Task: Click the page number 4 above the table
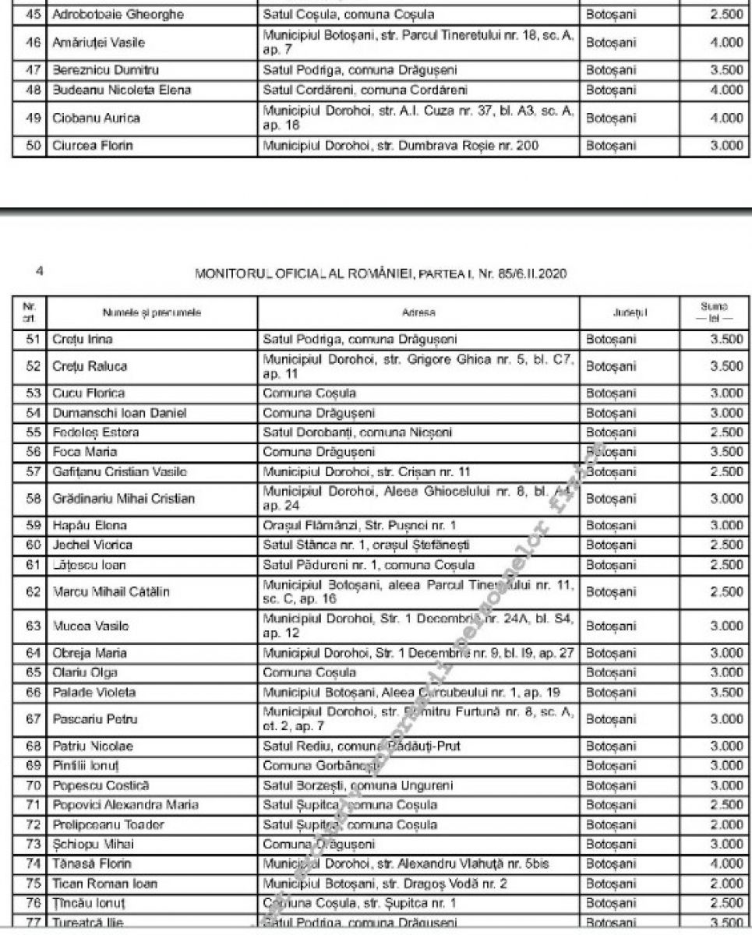38,271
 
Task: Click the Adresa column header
418,313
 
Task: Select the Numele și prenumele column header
151,313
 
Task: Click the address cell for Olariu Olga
309,672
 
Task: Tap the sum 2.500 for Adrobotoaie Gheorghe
726,15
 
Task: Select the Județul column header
630,313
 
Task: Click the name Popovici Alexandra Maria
125,805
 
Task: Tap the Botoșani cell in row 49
611,118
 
